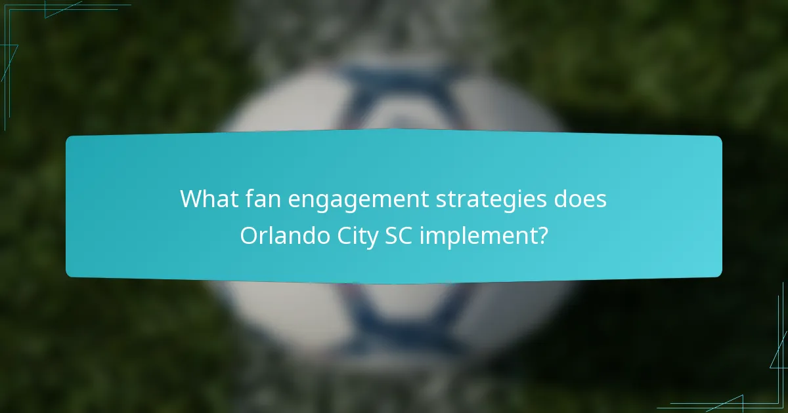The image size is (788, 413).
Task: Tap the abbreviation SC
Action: (x=397, y=235)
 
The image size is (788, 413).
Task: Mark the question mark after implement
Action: (x=541, y=235)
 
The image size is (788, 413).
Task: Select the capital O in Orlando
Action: (x=249, y=235)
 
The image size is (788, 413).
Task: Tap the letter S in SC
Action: (x=389, y=235)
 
